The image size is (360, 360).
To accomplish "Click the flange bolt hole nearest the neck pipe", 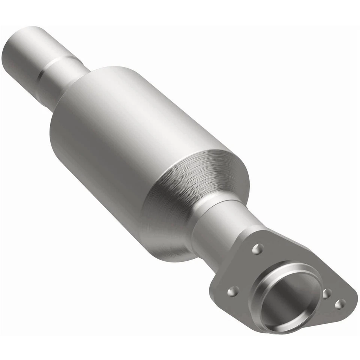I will pyautogui.click(x=257, y=249).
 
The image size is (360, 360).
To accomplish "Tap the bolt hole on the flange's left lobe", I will pyautogui.click(x=233, y=291).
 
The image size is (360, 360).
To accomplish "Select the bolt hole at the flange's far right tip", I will pyautogui.click(x=339, y=304).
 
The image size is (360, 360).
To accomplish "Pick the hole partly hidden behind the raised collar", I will pyautogui.click(x=327, y=294).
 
